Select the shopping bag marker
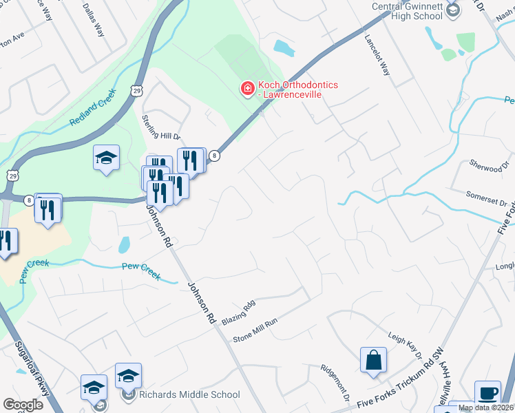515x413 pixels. (373, 360)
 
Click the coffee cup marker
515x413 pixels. (487, 393)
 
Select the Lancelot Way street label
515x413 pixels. (377, 55)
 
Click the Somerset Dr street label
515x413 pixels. (490, 199)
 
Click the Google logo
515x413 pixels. (23, 404)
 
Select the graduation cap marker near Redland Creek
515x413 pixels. (107, 158)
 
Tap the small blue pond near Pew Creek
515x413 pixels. (124, 244)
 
